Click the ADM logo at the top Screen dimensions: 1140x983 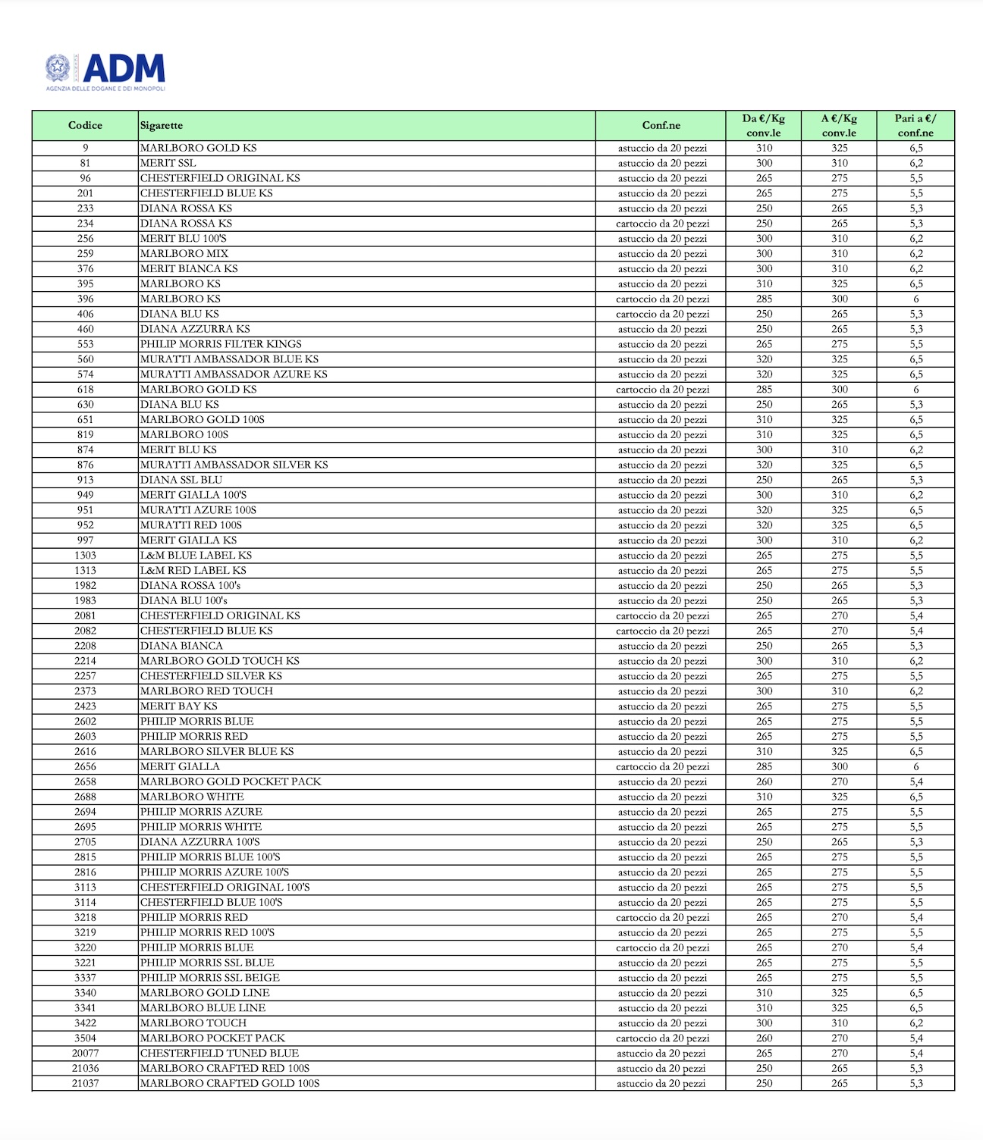[105, 71]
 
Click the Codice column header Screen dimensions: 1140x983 [85, 125]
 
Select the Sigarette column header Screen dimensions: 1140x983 [162, 125]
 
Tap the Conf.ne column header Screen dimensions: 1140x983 [661, 125]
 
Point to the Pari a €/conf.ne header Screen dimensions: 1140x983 [915, 125]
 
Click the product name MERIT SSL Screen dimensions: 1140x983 [168, 163]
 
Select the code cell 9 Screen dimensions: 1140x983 [85, 148]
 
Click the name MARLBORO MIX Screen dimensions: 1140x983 [184, 253]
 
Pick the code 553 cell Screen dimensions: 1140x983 [85, 344]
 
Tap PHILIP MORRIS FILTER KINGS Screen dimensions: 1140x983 [221, 344]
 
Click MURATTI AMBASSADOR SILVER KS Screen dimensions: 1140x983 [234, 465]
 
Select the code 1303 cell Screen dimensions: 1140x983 [85, 555]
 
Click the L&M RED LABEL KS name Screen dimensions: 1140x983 [193, 570]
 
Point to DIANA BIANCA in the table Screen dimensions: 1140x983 [182, 646]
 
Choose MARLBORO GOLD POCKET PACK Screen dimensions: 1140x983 [231, 781]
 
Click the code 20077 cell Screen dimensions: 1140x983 [85, 1053]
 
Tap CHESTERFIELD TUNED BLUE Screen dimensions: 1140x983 [220, 1053]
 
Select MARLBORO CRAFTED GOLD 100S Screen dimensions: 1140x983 [230, 1083]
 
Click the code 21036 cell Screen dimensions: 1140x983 [85, 1068]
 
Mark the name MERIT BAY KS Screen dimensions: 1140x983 [179, 706]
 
